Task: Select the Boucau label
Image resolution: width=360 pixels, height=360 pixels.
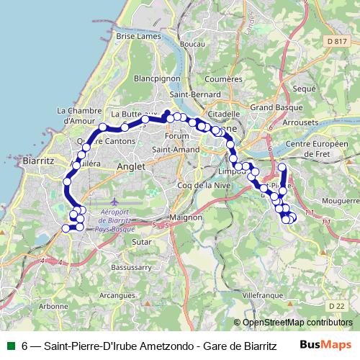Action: [x=172, y=45]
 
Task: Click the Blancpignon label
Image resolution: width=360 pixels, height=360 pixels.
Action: [x=156, y=78]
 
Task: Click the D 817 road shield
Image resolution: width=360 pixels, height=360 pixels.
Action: [x=336, y=42]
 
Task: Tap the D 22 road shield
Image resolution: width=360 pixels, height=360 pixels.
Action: [x=336, y=306]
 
